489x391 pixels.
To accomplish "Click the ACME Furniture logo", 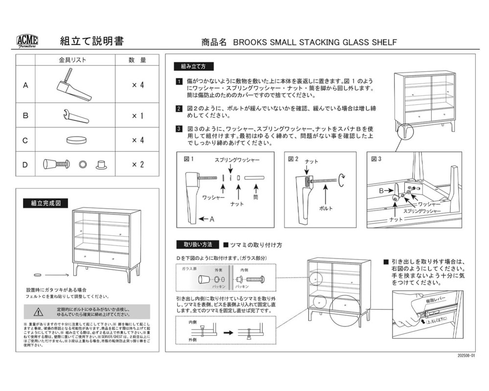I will coord(27,42).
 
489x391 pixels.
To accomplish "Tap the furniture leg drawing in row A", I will coord(71,86).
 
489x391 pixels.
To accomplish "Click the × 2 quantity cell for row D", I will coord(138,164).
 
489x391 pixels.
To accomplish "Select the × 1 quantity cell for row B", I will coord(138,116).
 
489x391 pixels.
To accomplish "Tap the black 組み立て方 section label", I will coord(193,66).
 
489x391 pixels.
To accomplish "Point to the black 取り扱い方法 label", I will coord(197,244).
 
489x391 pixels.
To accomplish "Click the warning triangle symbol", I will coord(39,312).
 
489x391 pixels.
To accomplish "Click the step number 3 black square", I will coord(179,129).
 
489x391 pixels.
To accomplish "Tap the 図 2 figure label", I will coord(293,159).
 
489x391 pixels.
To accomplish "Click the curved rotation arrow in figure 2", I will coord(344,181).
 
